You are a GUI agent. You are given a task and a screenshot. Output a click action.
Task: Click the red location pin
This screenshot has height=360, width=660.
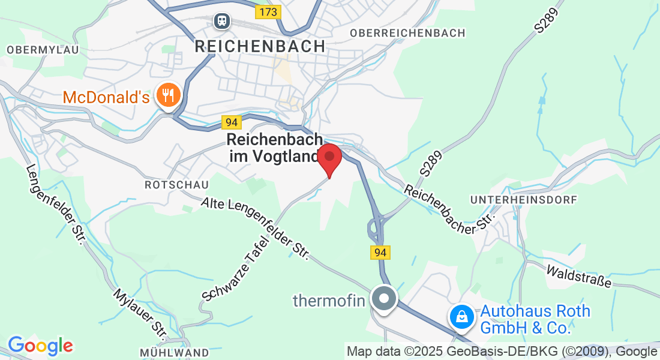[x=329, y=158]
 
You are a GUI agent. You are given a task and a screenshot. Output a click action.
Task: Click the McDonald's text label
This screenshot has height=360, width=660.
[x=106, y=97]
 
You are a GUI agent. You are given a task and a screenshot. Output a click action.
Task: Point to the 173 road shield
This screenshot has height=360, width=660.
[x=267, y=11]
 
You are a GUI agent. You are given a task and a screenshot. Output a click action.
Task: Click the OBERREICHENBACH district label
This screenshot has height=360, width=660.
[x=407, y=33]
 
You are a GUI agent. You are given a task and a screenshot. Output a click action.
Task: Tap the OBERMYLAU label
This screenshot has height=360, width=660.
[x=43, y=49]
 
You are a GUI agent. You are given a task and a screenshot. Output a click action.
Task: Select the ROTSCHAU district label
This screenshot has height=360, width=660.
[x=168, y=185]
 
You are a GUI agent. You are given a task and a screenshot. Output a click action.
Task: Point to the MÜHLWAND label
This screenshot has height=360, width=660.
[x=175, y=352]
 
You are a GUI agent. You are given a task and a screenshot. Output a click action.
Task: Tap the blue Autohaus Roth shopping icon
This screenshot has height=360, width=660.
[x=461, y=316]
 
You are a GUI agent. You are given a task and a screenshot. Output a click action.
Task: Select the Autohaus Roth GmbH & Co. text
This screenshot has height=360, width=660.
[x=534, y=320]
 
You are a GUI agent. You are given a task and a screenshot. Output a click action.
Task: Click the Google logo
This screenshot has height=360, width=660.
[x=40, y=346]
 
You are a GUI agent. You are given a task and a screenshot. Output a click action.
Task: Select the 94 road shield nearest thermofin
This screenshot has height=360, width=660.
[x=380, y=253]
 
